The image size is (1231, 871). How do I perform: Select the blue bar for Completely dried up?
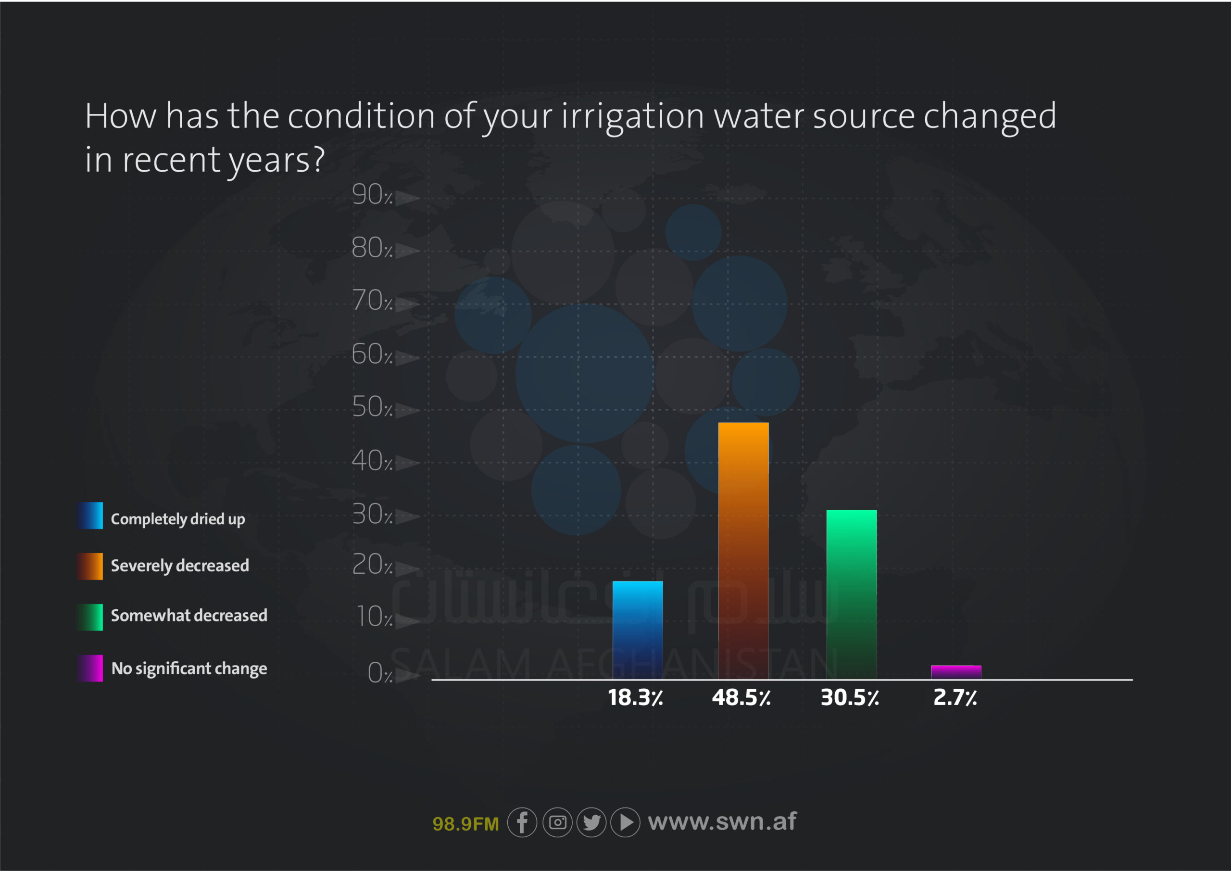tap(638, 630)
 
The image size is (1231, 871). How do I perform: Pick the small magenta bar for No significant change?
tap(956, 671)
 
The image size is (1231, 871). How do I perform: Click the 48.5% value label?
tap(741, 697)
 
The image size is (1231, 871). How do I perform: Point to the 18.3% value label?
tap(635, 697)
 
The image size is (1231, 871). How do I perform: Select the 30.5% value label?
tap(850, 697)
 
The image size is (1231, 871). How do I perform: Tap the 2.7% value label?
tap(955, 697)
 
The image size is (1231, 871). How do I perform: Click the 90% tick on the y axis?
tap(372, 194)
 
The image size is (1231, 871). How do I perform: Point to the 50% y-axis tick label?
tap(372, 406)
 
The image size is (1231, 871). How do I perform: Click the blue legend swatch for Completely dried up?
tap(90, 516)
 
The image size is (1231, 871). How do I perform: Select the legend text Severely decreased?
tap(180, 565)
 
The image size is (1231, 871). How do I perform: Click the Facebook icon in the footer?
tap(522, 822)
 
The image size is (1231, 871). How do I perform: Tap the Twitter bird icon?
tap(591, 822)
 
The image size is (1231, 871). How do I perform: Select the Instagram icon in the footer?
tap(558, 822)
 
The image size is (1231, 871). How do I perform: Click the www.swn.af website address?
tap(722, 821)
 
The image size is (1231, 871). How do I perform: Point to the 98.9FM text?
tap(465, 823)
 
